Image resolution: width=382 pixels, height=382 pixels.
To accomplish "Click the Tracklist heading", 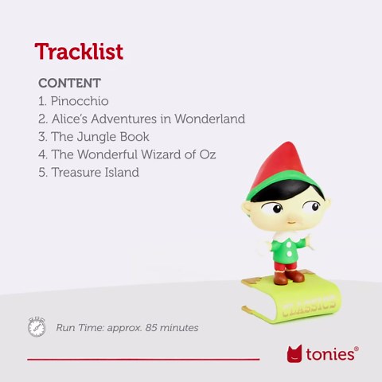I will click(x=79, y=53).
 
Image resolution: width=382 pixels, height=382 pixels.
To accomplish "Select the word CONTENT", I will click(x=69, y=83).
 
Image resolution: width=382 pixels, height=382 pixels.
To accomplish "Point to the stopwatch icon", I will click(x=37, y=327).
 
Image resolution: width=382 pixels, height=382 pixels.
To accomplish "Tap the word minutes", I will click(x=181, y=328).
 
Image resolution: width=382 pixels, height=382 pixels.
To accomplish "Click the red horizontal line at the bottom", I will click(x=143, y=360).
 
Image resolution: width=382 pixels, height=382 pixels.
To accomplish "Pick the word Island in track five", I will click(x=121, y=172).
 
